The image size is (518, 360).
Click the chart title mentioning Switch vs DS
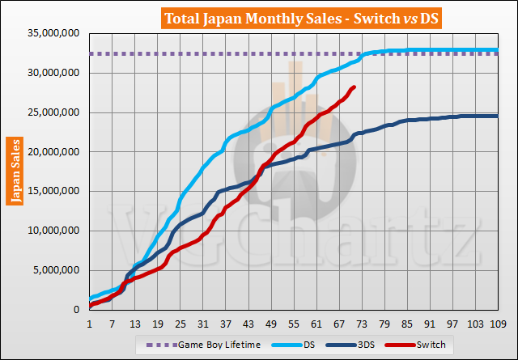(259, 18)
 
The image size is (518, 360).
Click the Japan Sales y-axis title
(15, 172)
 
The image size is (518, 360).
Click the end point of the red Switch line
(355, 87)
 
